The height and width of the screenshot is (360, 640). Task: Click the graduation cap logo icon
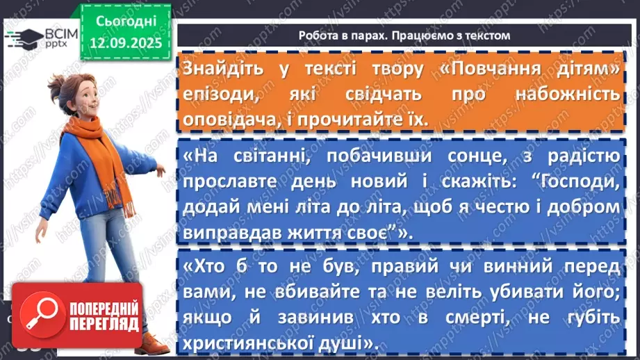coord(22,38)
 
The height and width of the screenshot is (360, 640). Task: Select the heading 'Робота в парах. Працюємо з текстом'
coord(404,35)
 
